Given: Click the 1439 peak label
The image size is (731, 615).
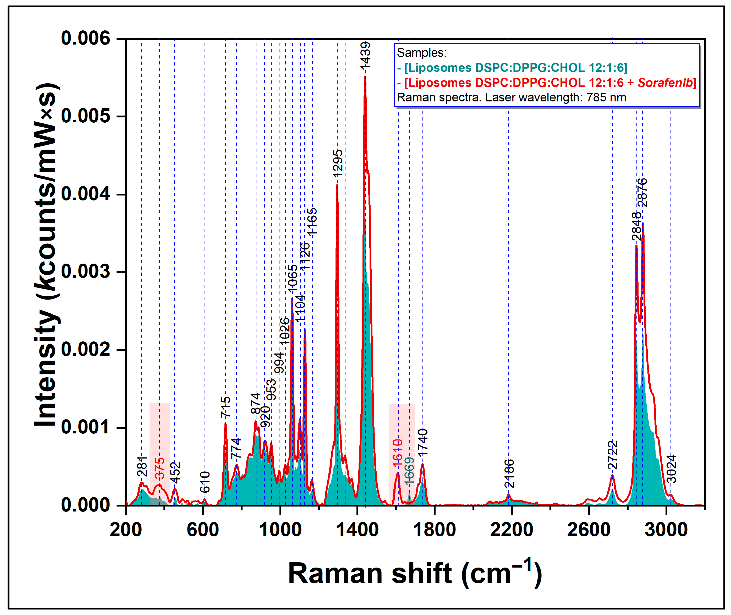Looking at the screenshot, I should tap(365, 56).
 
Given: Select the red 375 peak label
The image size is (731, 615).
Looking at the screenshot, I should tap(160, 468).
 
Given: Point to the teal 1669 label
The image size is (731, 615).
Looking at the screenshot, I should tap(409, 470).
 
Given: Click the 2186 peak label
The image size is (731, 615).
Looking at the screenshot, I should tap(509, 474).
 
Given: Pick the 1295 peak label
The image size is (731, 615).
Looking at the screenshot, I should tap(337, 163).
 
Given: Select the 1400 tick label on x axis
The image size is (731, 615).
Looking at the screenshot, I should tap(357, 530).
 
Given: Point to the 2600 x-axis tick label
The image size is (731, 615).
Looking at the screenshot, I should tap(589, 530).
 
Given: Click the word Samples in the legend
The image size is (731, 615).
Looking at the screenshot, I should tap(421, 53).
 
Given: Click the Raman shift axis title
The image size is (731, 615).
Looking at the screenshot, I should tap(415, 574).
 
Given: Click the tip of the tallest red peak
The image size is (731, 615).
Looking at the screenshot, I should tap(365, 76).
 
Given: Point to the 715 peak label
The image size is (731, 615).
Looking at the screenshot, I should tap(226, 407).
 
